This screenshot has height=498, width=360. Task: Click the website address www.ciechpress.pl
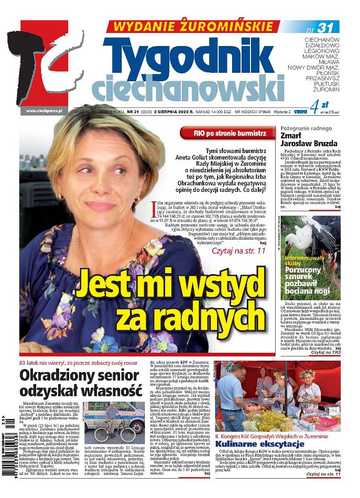click(x=44, y=111)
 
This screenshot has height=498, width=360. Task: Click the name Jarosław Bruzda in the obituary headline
click(x=309, y=144)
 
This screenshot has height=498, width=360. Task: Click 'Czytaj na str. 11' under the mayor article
click(x=238, y=252)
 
